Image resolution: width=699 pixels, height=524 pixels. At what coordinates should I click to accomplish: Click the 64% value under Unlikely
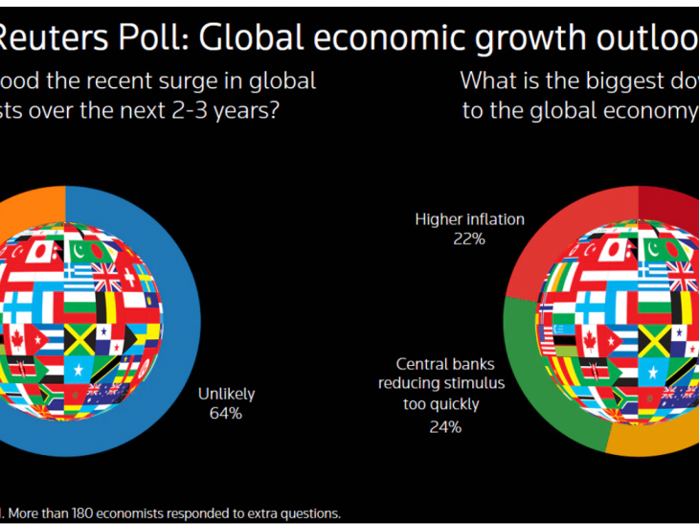[x=225, y=413]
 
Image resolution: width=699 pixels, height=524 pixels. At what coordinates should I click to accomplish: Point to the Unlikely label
[x=225, y=393]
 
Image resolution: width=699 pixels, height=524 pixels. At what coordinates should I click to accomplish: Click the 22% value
[x=469, y=239]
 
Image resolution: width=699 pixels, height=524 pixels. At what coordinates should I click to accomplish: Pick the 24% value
[x=445, y=427]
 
